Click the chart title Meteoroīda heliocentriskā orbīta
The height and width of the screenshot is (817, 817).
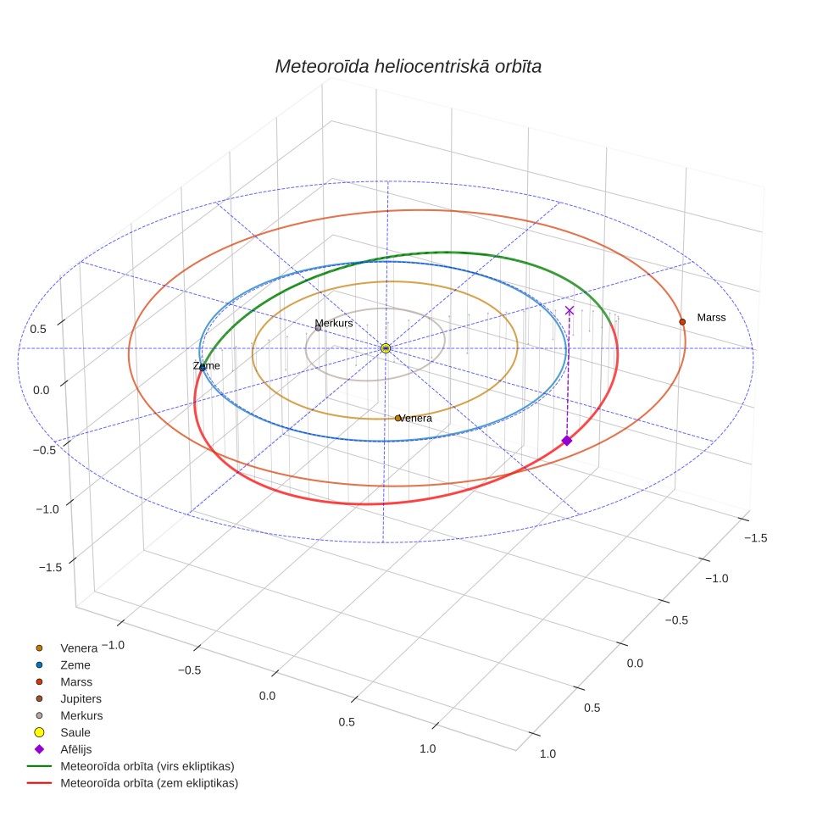(408, 66)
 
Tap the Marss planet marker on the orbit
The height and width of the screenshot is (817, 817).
(682, 322)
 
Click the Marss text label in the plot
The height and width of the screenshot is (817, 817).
(711, 317)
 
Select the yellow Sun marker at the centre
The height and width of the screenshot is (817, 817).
(386, 348)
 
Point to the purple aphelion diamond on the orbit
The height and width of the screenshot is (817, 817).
(567, 441)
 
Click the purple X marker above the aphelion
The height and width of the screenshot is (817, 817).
(570, 310)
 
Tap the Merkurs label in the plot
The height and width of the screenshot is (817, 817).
(334, 323)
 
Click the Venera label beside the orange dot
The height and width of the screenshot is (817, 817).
(416, 418)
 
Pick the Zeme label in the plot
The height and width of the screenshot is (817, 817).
(206, 366)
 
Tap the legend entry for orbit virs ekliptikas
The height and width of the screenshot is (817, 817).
(131, 766)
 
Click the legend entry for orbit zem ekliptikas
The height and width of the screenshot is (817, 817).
(132, 783)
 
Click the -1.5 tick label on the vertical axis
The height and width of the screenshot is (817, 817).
(50, 567)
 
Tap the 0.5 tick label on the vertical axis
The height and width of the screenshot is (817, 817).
(38, 330)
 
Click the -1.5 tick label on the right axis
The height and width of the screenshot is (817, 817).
(755, 537)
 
